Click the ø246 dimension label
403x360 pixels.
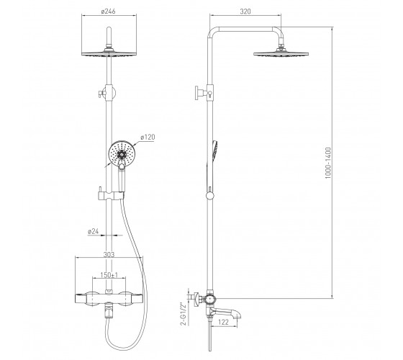[109, 12]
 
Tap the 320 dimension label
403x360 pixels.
[245, 12]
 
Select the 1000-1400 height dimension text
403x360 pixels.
[328, 163]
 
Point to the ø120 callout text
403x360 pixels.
[148, 137]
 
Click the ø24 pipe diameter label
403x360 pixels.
[94, 231]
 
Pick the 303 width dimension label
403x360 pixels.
[109, 255]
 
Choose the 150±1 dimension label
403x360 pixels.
[109, 275]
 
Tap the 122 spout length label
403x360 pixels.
[223, 322]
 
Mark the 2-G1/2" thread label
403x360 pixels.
[183, 314]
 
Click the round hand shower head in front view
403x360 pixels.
[122, 154]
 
